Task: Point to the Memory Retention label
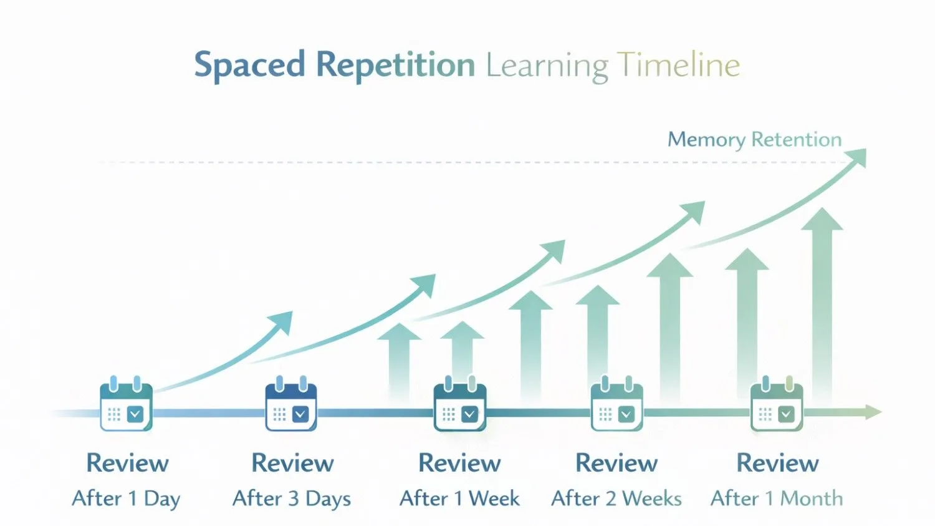754,139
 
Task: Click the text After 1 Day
126,499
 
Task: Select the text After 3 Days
292,499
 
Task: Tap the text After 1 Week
459,499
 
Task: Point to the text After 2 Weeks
616,499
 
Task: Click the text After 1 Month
777,499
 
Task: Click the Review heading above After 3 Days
292,463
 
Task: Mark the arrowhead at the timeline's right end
874,412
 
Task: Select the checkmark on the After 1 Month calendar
787,414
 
